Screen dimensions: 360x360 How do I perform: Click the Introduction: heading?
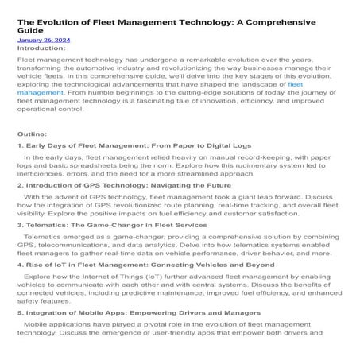coord(41,48)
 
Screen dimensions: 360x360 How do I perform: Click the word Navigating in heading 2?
coord(181,207)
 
